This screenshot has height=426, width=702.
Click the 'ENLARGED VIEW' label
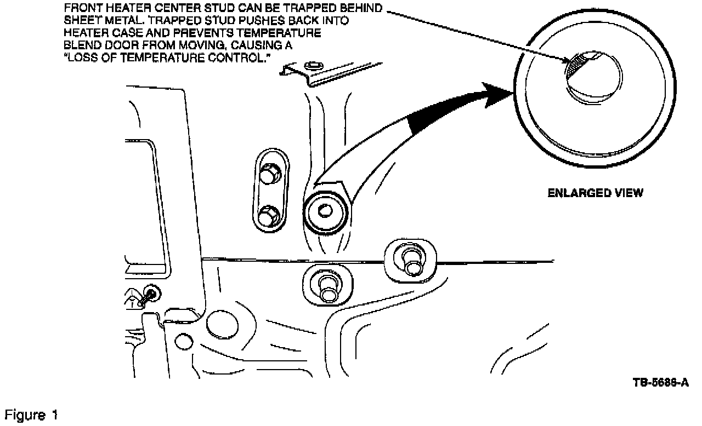pos(595,193)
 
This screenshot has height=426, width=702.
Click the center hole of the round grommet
pos(325,210)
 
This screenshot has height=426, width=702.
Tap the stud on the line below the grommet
pos(328,286)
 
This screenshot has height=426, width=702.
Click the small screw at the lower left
pos(149,294)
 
